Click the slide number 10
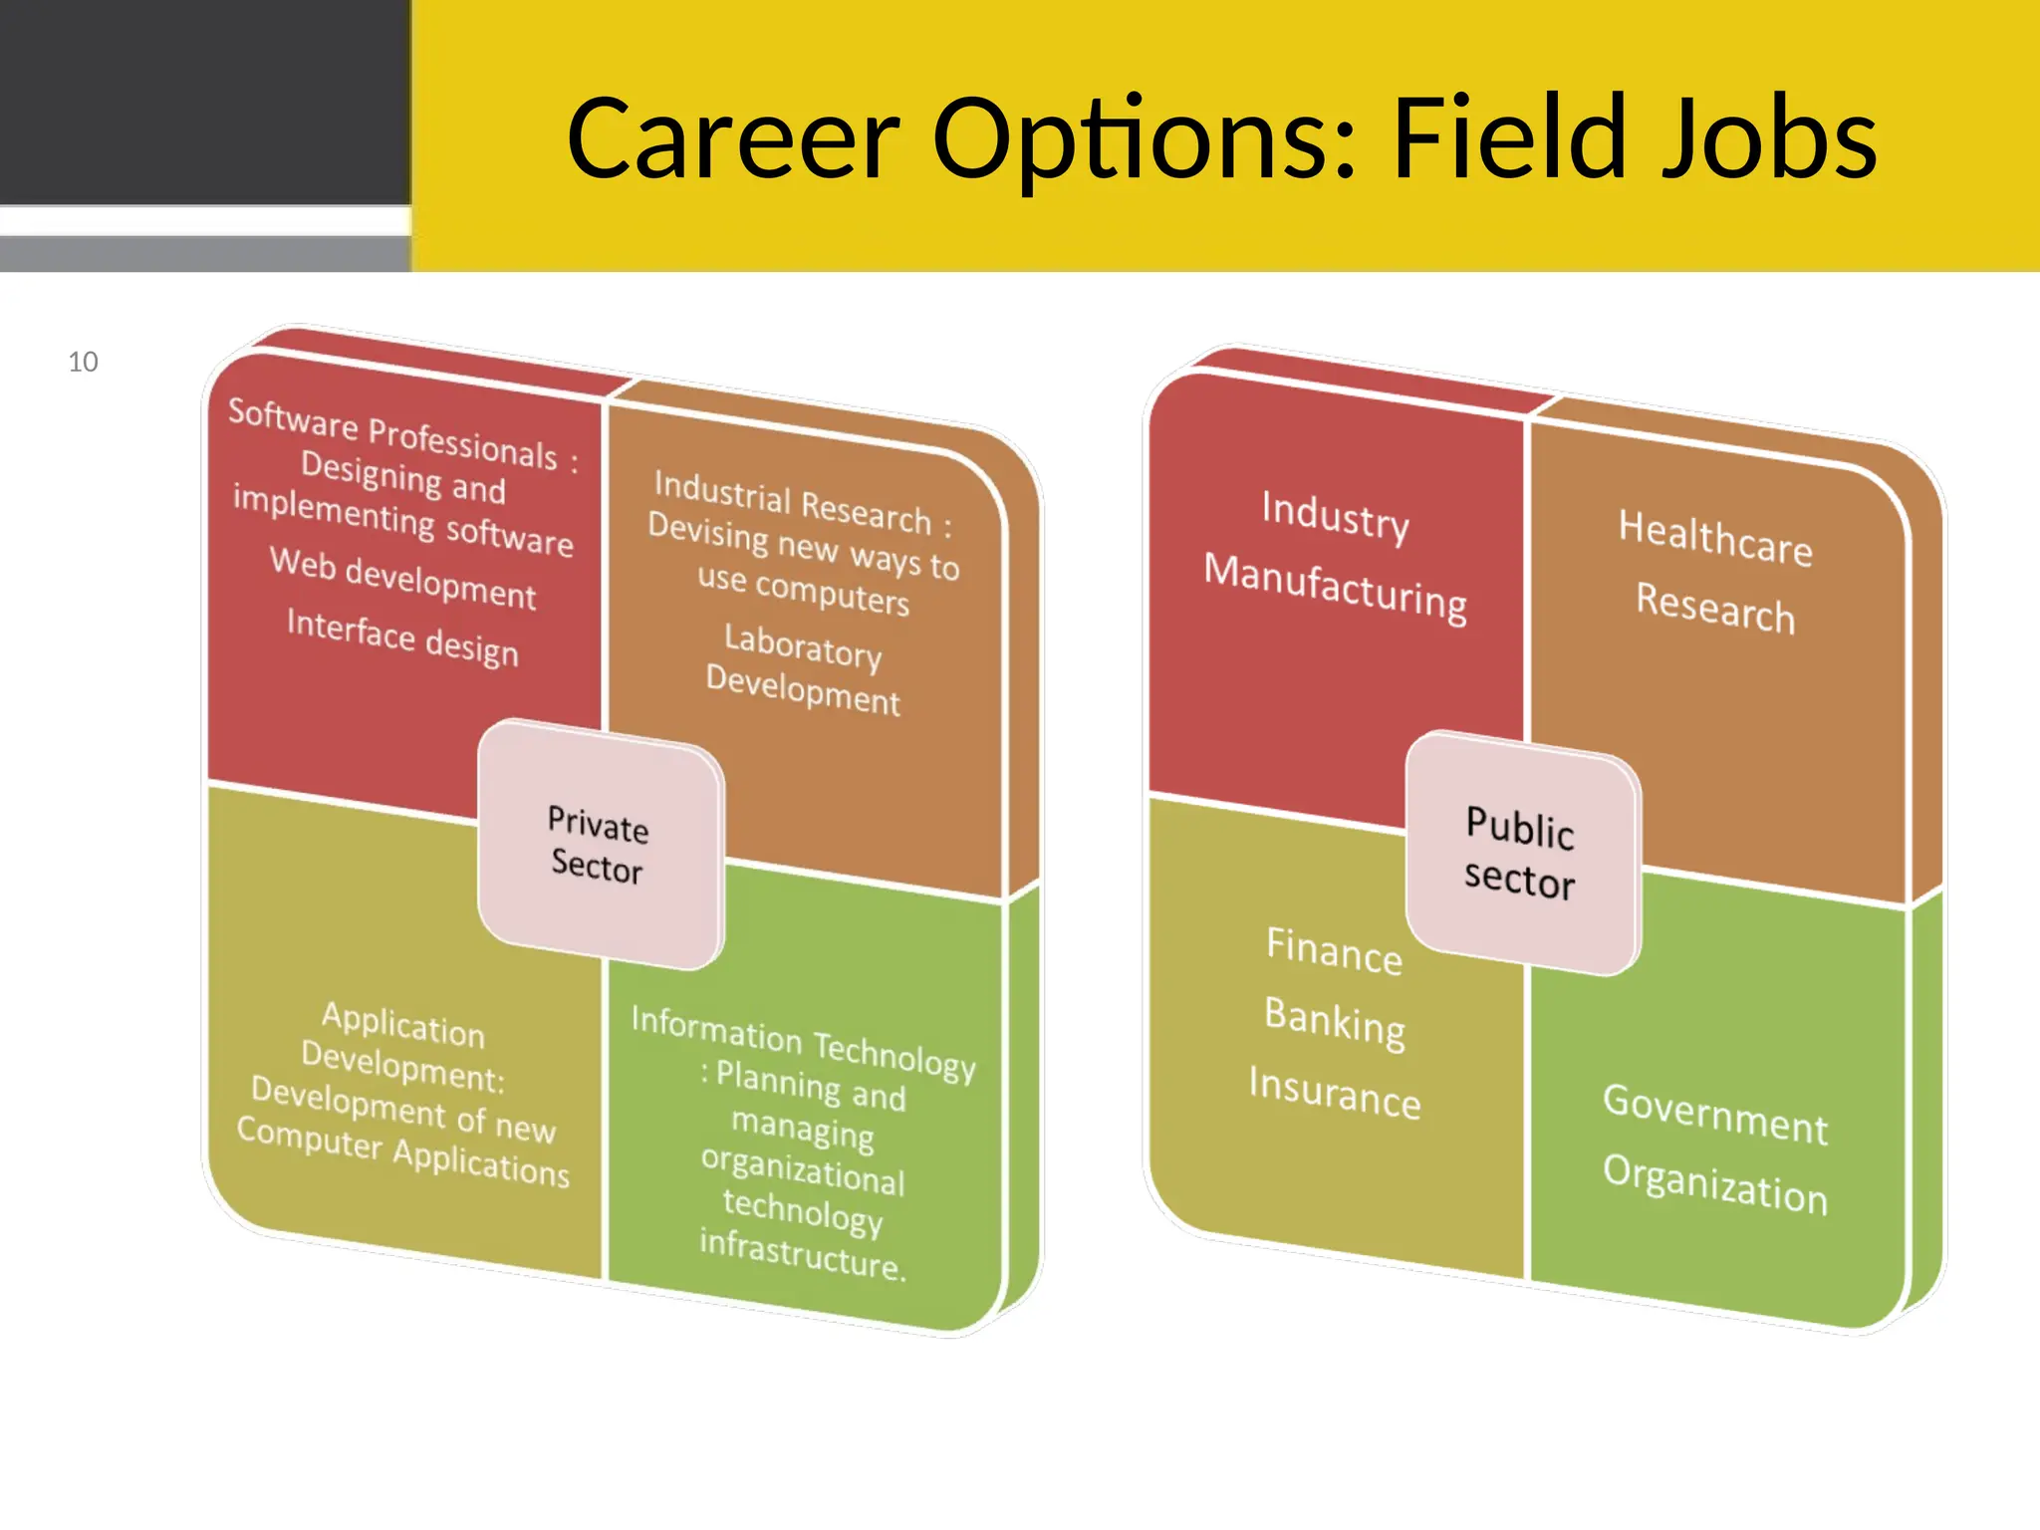[83, 362]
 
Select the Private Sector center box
[600, 845]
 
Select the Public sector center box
[1521, 854]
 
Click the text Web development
[403, 578]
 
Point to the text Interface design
[402, 637]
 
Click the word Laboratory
[803, 645]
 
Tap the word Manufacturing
[1335, 588]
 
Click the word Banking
[1335, 1022]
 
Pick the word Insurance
[1335, 1092]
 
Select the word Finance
[1334, 950]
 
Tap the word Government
[1715, 1114]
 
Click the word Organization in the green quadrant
[1715, 1184]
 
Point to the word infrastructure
[803, 1254]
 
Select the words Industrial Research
[793, 501]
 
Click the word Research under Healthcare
[1715, 607]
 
